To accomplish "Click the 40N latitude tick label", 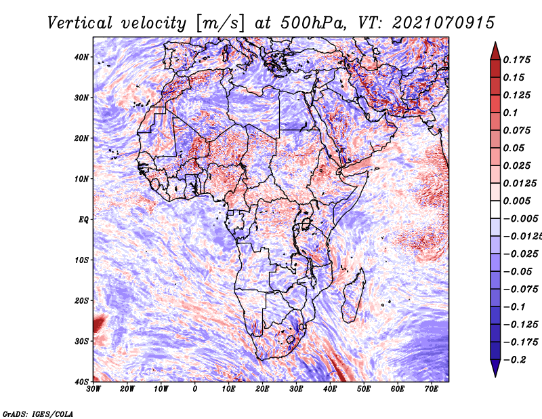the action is [81, 57].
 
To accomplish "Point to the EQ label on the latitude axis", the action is [83, 220].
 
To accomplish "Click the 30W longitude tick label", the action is [93, 389].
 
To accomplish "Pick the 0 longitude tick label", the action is [195, 389].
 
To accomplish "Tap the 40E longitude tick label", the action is [330, 389].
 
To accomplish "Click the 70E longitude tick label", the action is [432, 389].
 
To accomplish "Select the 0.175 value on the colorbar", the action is [516, 60].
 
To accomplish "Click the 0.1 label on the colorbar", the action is [510, 113].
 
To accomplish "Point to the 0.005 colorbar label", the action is [516, 201].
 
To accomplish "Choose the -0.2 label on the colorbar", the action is [514, 360].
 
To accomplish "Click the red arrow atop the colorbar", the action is [495, 52].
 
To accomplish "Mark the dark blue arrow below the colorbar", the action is [495, 368].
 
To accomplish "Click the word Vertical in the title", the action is [80, 23].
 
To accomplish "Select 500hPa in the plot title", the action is [312, 23].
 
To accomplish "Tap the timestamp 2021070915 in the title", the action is [444, 23].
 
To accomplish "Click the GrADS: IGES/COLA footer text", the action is [38, 414].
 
